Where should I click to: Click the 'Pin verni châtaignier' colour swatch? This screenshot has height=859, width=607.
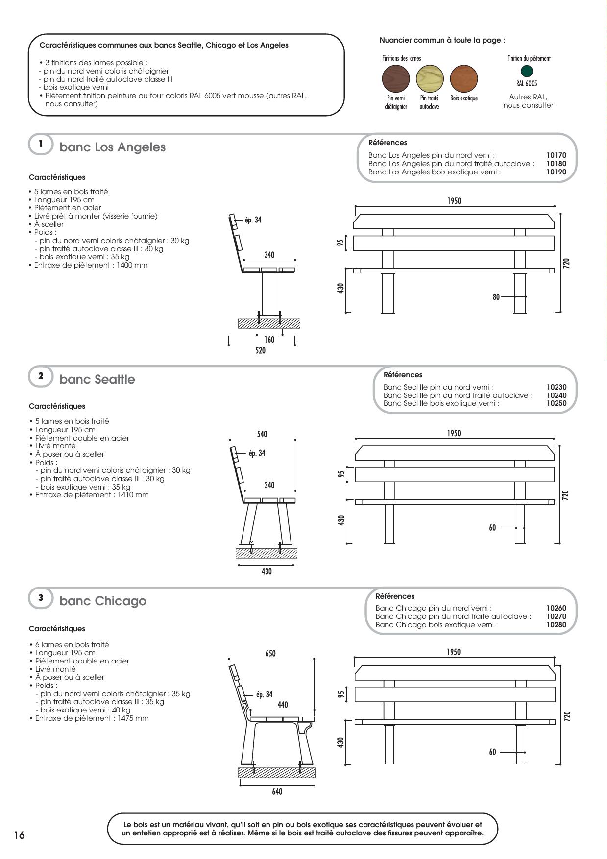(395, 78)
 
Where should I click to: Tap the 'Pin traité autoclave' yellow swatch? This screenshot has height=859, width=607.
(430, 78)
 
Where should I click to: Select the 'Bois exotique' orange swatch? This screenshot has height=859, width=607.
(463, 78)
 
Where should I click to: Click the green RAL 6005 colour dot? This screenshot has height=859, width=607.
(527, 71)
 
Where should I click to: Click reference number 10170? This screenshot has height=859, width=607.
(556, 155)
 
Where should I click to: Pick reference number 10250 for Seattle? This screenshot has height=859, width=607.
(557, 403)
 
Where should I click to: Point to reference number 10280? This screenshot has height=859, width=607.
(557, 625)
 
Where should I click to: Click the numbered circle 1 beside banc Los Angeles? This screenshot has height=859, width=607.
(41, 144)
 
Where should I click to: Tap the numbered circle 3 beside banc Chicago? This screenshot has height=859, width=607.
(41, 598)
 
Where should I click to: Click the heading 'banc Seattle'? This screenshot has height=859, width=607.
(97, 380)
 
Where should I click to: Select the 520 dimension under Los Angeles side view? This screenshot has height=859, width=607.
(261, 351)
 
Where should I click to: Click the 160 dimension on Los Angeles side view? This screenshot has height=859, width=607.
(269, 340)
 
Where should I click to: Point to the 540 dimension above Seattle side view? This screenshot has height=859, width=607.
(262, 434)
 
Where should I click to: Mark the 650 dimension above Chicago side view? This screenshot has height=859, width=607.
(270, 654)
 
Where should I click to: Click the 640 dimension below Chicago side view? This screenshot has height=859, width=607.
(277, 792)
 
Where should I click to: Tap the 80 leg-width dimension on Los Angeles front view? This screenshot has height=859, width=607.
(496, 297)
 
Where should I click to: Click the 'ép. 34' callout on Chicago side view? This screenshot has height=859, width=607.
(265, 694)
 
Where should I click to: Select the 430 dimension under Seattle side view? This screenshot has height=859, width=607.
(267, 571)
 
